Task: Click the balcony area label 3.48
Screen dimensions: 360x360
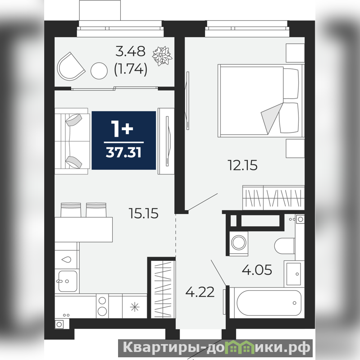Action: [130, 51]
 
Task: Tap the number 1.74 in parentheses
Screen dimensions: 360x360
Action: [130, 69]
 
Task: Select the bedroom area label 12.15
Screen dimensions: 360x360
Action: [242, 165]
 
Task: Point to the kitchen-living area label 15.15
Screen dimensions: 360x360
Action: [143, 213]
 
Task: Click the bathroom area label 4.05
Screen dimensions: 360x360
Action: [257, 269]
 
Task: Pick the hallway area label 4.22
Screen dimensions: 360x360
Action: [200, 292]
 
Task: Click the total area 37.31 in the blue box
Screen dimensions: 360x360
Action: [123, 152]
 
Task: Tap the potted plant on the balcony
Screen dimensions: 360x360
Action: [162, 56]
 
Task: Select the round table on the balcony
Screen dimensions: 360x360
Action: [99, 71]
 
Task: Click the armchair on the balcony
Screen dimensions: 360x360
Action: [71, 67]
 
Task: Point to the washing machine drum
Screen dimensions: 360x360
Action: [239, 242]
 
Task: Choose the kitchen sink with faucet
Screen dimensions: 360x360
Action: [67, 281]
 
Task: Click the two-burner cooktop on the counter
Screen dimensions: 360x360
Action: [102, 306]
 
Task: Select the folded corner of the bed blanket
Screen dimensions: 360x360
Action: [272, 118]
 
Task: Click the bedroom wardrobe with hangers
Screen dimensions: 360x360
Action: [273, 197]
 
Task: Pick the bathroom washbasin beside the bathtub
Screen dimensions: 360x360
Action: [294, 273]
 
